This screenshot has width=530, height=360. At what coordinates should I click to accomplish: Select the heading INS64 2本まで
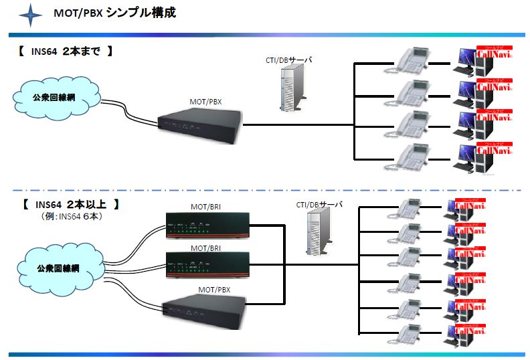pyautogui.click(x=64, y=52)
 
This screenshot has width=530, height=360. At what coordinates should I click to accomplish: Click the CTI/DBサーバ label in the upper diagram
pyautogui.click(x=288, y=60)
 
